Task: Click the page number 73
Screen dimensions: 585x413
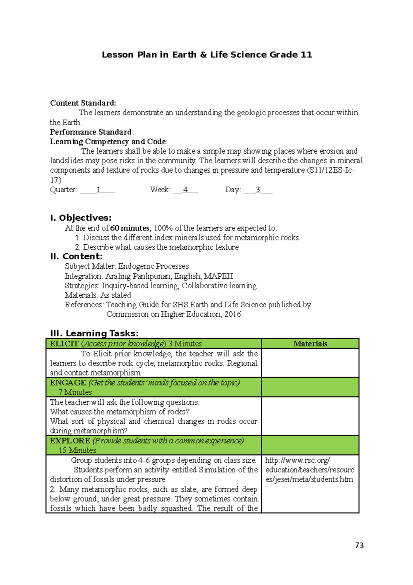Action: point(359,545)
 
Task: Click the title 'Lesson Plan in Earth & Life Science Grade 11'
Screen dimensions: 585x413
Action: point(207,55)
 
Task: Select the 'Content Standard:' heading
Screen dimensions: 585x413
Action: point(83,103)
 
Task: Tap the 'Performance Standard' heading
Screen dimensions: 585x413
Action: point(91,132)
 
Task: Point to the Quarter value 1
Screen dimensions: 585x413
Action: point(98,189)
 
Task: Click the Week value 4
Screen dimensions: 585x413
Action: point(186,189)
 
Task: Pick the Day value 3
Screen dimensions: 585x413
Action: point(258,189)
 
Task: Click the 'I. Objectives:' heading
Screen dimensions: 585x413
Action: point(81,218)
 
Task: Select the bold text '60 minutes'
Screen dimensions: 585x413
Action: point(130,228)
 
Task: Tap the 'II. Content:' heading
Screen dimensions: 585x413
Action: point(76,256)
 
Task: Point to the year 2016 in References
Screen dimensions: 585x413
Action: point(233,314)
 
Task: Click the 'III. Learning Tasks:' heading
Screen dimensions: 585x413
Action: point(94,333)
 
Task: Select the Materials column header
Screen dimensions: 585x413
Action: point(310,343)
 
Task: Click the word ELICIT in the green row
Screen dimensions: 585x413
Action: point(64,343)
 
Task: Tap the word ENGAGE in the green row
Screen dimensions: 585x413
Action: point(68,383)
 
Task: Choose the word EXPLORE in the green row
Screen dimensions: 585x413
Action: point(70,441)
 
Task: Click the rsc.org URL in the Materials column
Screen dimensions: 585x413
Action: point(309,470)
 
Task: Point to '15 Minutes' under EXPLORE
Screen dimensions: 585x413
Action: point(77,450)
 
